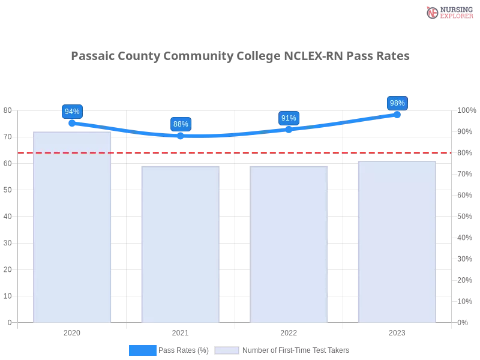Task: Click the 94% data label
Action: point(72,112)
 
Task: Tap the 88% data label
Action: point(181,124)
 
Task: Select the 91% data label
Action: point(289,118)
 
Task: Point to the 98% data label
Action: point(397,103)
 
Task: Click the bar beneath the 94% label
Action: point(72,228)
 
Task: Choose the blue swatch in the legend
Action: point(142,350)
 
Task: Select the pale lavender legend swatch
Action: point(227,350)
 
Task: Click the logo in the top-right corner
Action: point(448,12)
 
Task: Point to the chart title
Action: point(240,56)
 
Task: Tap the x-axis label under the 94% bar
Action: point(71,331)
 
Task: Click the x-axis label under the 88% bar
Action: point(179,331)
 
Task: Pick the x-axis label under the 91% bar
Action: point(289,331)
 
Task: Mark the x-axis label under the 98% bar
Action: point(397,331)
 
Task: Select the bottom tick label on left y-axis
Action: point(9,322)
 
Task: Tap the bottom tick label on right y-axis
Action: point(463,322)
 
